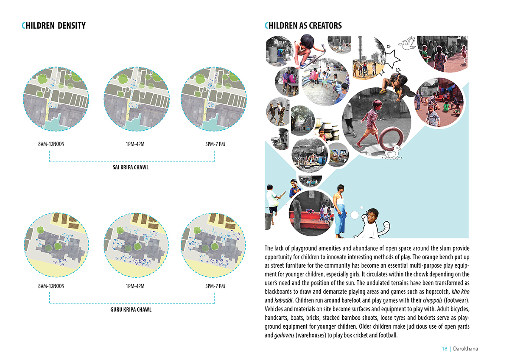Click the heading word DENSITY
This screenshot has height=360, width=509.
[72, 26]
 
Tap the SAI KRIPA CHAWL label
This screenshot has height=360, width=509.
[131, 167]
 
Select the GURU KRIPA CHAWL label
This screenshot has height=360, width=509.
[131, 310]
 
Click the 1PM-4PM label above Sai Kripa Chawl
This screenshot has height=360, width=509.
[135, 144]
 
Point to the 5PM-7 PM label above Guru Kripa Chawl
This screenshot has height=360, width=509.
[215, 286]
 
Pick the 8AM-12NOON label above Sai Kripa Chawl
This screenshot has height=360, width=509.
[51, 144]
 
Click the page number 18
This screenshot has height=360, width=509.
[445, 349]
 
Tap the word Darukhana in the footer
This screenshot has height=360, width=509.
[465, 349]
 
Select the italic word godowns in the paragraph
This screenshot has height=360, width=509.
[284, 335]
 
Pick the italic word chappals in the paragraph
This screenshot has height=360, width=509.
[432, 301]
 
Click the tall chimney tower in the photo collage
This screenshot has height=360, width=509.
[360, 48]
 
